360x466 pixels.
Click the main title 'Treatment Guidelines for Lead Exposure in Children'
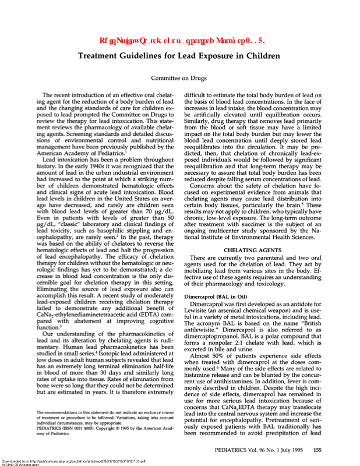pos(179,57)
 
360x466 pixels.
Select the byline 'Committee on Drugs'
pos(179,78)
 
